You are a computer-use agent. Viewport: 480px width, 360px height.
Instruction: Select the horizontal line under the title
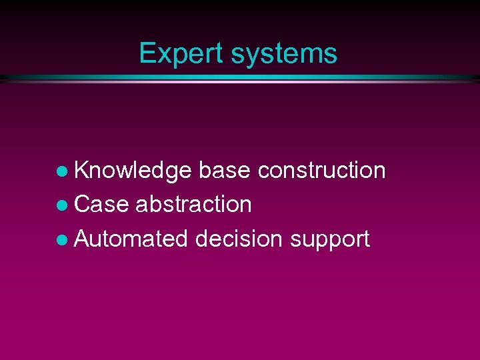240,79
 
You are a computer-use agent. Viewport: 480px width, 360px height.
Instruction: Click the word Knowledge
133,171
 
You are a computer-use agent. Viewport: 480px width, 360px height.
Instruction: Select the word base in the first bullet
225,171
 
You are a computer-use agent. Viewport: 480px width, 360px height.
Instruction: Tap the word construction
321,171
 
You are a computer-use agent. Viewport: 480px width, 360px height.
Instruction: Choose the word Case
101,205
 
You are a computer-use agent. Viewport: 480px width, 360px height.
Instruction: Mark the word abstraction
193,205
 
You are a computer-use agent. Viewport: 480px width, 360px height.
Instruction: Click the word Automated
131,239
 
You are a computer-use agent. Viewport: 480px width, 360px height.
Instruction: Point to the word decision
239,239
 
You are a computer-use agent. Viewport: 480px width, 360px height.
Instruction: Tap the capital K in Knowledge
81,171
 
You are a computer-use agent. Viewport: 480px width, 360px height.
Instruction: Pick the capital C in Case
82,205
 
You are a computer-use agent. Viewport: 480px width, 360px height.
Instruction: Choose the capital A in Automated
82,239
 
